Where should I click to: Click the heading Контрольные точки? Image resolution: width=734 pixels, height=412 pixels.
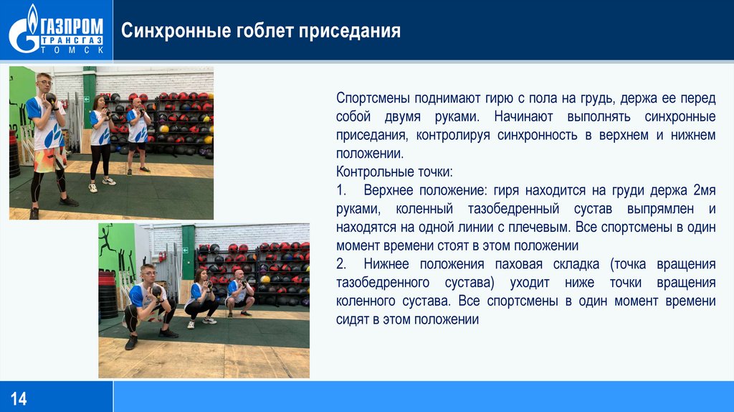click(394, 172)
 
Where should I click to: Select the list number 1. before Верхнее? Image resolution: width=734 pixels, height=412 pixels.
click(342, 190)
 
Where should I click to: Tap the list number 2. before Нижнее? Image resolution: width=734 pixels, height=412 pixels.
click(342, 264)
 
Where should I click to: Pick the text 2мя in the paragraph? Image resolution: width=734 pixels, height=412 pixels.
click(704, 190)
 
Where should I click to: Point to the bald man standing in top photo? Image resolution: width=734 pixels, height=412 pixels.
click(136, 133)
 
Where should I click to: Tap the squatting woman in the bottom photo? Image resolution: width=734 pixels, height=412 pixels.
click(201, 296)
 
